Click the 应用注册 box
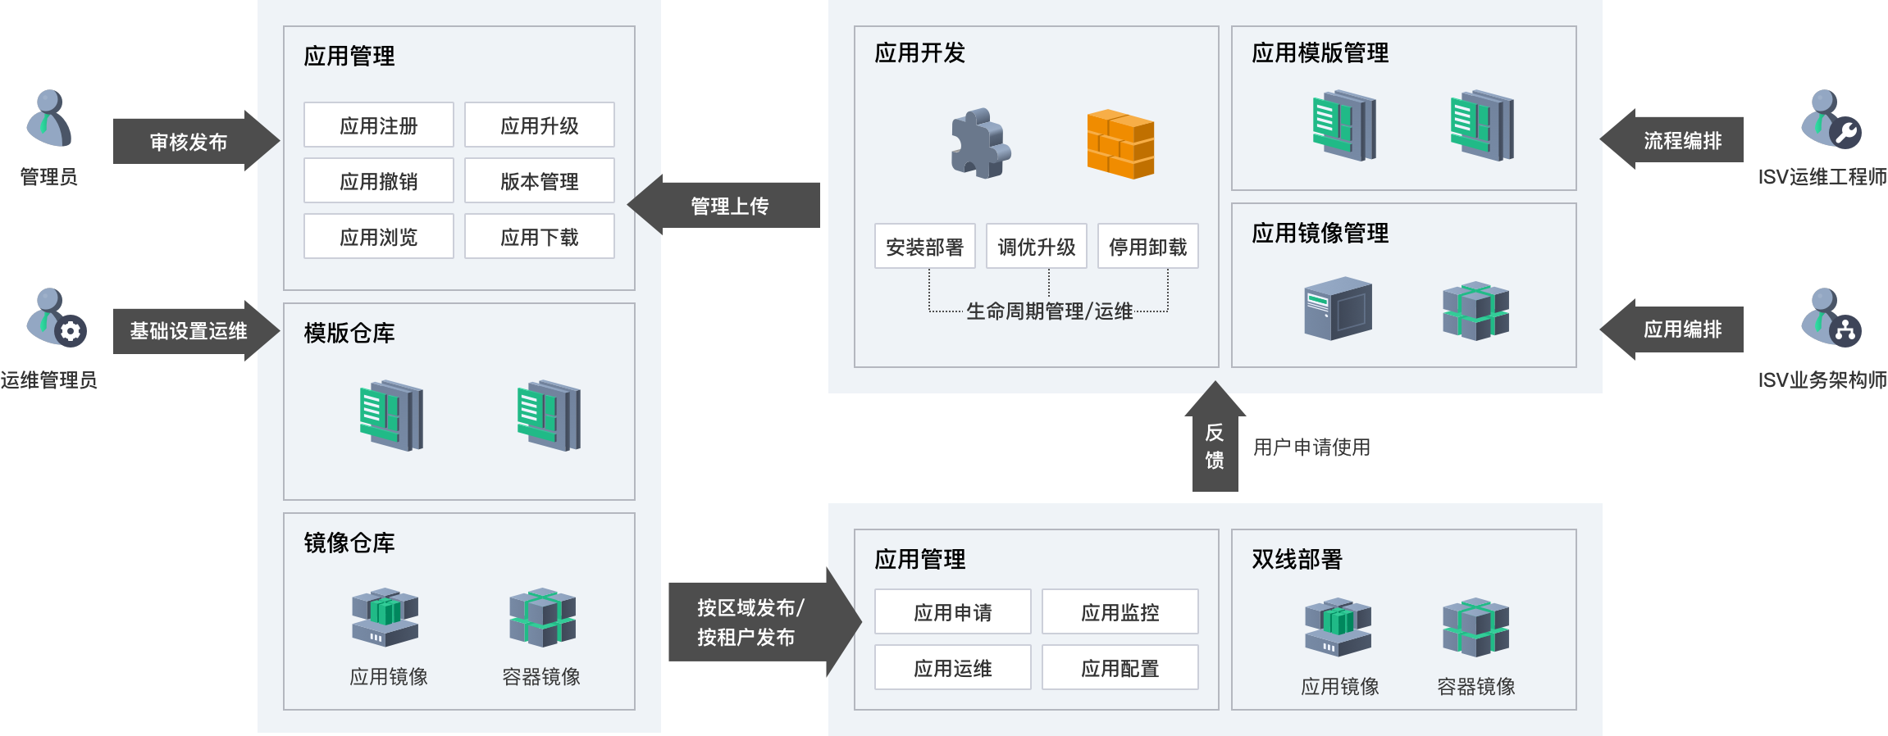[x=378, y=125]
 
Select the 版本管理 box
[x=539, y=181]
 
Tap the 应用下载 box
[x=539, y=237]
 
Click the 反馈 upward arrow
[x=1215, y=443]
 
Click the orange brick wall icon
[x=1120, y=144]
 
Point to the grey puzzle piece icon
[x=979, y=144]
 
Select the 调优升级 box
[x=1036, y=246]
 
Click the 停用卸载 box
[x=1147, y=246]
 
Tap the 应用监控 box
[x=1120, y=611]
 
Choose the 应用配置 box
[x=1120, y=668]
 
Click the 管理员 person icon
[x=49, y=119]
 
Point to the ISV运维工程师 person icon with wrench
[x=1830, y=119]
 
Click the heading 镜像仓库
[x=349, y=543]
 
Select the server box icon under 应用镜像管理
[x=1338, y=309]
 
